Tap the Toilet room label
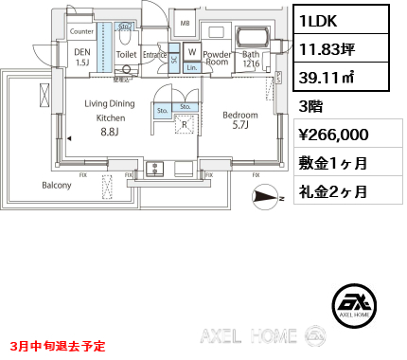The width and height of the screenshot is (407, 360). pyautogui.click(x=126, y=56)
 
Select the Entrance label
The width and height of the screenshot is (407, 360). pyautogui.click(x=155, y=56)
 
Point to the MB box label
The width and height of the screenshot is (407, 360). pyautogui.click(x=185, y=23)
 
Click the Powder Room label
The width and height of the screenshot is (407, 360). pyautogui.click(x=218, y=59)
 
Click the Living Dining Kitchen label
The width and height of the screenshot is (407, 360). pyautogui.click(x=110, y=118)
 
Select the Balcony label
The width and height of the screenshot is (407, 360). pyautogui.click(x=56, y=185)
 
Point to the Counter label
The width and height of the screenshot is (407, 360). pyautogui.click(x=81, y=31)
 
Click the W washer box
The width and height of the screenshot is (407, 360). pyautogui.click(x=192, y=51)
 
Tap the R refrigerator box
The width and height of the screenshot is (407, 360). pyautogui.click(x=185, y=123)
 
